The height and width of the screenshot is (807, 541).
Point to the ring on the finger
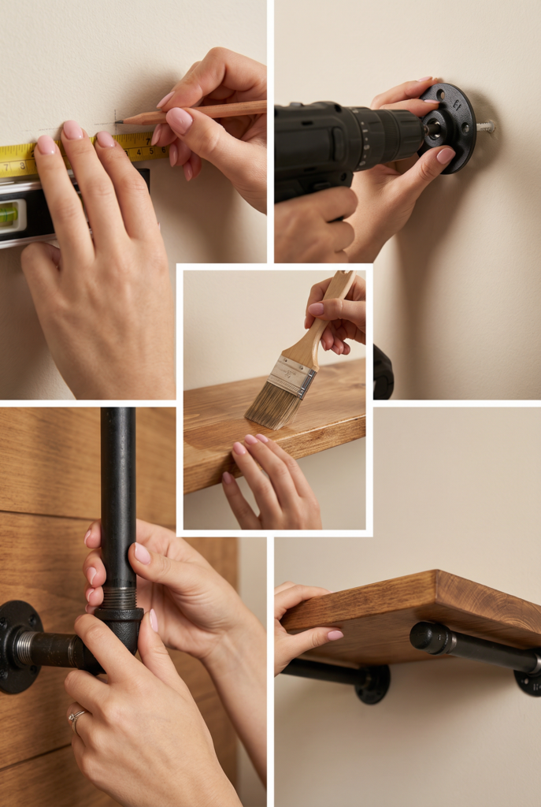(77, 716)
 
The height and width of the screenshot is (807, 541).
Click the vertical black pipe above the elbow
(118, 489)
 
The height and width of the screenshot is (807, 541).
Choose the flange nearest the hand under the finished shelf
(372, 682)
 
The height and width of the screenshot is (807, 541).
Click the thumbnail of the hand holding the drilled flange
(446, 156)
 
